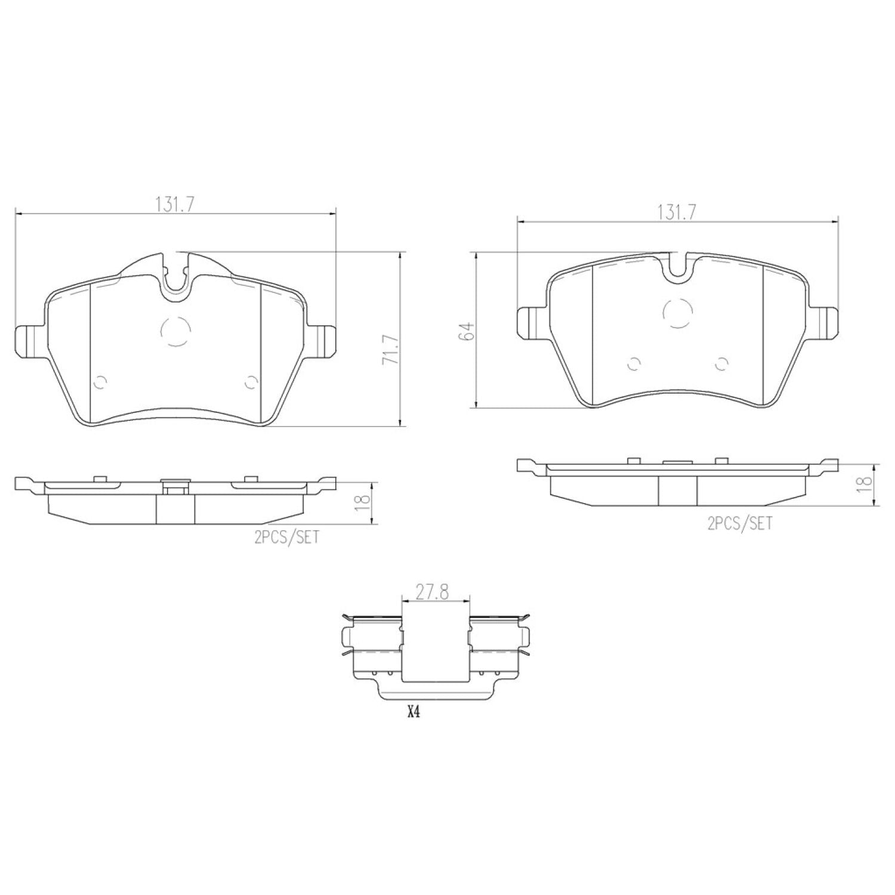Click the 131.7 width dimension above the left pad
coord(175,204)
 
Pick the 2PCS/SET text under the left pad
coord(287,538)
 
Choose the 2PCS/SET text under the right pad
coord(740,524)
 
